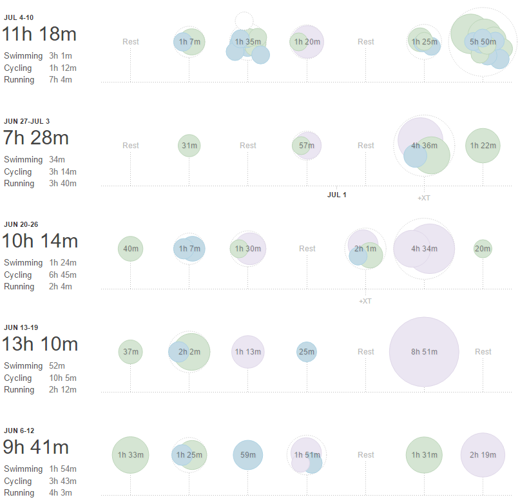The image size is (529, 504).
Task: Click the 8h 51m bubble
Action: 424,352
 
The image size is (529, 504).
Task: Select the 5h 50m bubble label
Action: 483,42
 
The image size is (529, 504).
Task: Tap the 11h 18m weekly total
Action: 39,34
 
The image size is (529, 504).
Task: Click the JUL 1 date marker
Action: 336,195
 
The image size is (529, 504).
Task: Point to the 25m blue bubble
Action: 307,352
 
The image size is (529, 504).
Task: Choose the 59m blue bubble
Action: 248,455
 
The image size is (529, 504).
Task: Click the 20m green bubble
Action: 483,249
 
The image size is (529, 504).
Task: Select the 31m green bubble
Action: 189,146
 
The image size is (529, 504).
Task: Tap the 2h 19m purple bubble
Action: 483,455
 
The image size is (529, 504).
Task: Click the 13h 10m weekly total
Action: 40,344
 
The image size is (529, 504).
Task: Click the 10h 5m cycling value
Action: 63,378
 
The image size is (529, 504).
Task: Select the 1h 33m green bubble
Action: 131,455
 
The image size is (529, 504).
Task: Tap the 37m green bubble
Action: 131,352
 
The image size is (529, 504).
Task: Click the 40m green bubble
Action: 131,249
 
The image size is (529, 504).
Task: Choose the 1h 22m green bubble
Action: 483,146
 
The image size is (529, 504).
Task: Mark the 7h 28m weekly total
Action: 36,138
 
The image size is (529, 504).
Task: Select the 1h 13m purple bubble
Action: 248,352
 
